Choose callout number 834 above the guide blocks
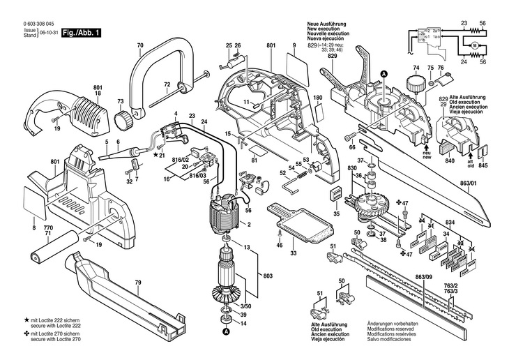[450, 222]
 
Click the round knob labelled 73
[125, 119]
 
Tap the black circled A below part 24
[225, 333]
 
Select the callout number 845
[483, 165]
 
